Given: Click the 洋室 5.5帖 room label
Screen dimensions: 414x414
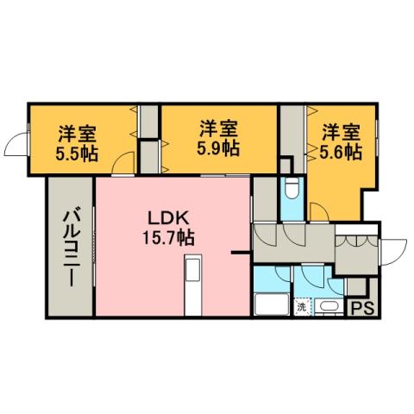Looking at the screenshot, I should [77, 144].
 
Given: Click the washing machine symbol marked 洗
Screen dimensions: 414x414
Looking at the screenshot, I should [302, 306].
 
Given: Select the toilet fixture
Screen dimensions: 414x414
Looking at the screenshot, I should [291, 188].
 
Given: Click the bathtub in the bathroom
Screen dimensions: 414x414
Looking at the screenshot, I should [273, 306].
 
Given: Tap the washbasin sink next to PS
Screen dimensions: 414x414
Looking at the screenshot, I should [329, 306].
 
